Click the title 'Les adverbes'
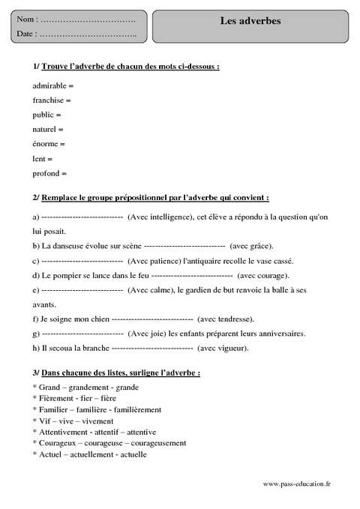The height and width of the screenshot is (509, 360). [250, 21]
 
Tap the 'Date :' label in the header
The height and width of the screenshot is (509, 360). [26, 34]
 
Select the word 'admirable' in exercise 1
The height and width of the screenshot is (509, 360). [49, 85]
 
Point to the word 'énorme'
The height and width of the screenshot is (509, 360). [46, 144]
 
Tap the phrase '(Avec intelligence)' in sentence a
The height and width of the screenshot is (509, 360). [160, 217]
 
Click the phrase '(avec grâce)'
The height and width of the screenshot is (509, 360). [252, 246]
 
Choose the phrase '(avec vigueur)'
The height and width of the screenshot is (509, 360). [223, 348]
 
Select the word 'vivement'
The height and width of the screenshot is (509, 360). [97, 421]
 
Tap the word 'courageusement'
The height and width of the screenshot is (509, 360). [157, 443]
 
